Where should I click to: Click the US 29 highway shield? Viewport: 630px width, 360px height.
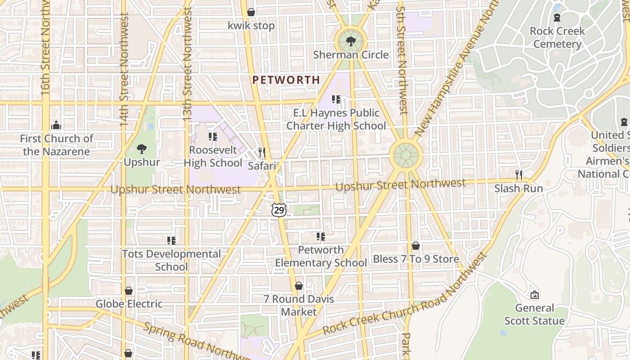point(279,210)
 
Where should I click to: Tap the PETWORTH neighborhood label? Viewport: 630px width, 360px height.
point(286,80)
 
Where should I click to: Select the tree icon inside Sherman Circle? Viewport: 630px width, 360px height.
point(351,41)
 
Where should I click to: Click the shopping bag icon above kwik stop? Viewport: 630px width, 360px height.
point(251,12)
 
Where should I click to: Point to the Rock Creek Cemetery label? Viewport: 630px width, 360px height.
point(557,37)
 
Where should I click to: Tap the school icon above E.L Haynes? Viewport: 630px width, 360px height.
point(336,99)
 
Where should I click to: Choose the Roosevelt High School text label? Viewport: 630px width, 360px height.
point(213,156)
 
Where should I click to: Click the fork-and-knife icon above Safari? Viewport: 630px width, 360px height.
point(262,153)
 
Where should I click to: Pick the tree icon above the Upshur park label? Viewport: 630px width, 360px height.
point(142,148)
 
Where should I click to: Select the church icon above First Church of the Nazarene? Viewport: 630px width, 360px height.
point(56,125)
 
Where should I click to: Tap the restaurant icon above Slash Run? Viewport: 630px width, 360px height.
point(519,175)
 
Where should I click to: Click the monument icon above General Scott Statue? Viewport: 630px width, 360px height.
point(535,295)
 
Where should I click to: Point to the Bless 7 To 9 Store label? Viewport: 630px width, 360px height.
point(416,259)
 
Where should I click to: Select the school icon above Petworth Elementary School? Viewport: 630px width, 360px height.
point(321,236)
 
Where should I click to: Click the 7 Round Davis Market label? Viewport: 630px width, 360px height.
point(299,305)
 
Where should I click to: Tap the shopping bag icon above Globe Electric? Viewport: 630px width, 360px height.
point(129,291)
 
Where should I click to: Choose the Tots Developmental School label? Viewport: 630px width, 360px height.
point(171,260)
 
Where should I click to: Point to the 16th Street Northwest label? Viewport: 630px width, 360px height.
point(45,49)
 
